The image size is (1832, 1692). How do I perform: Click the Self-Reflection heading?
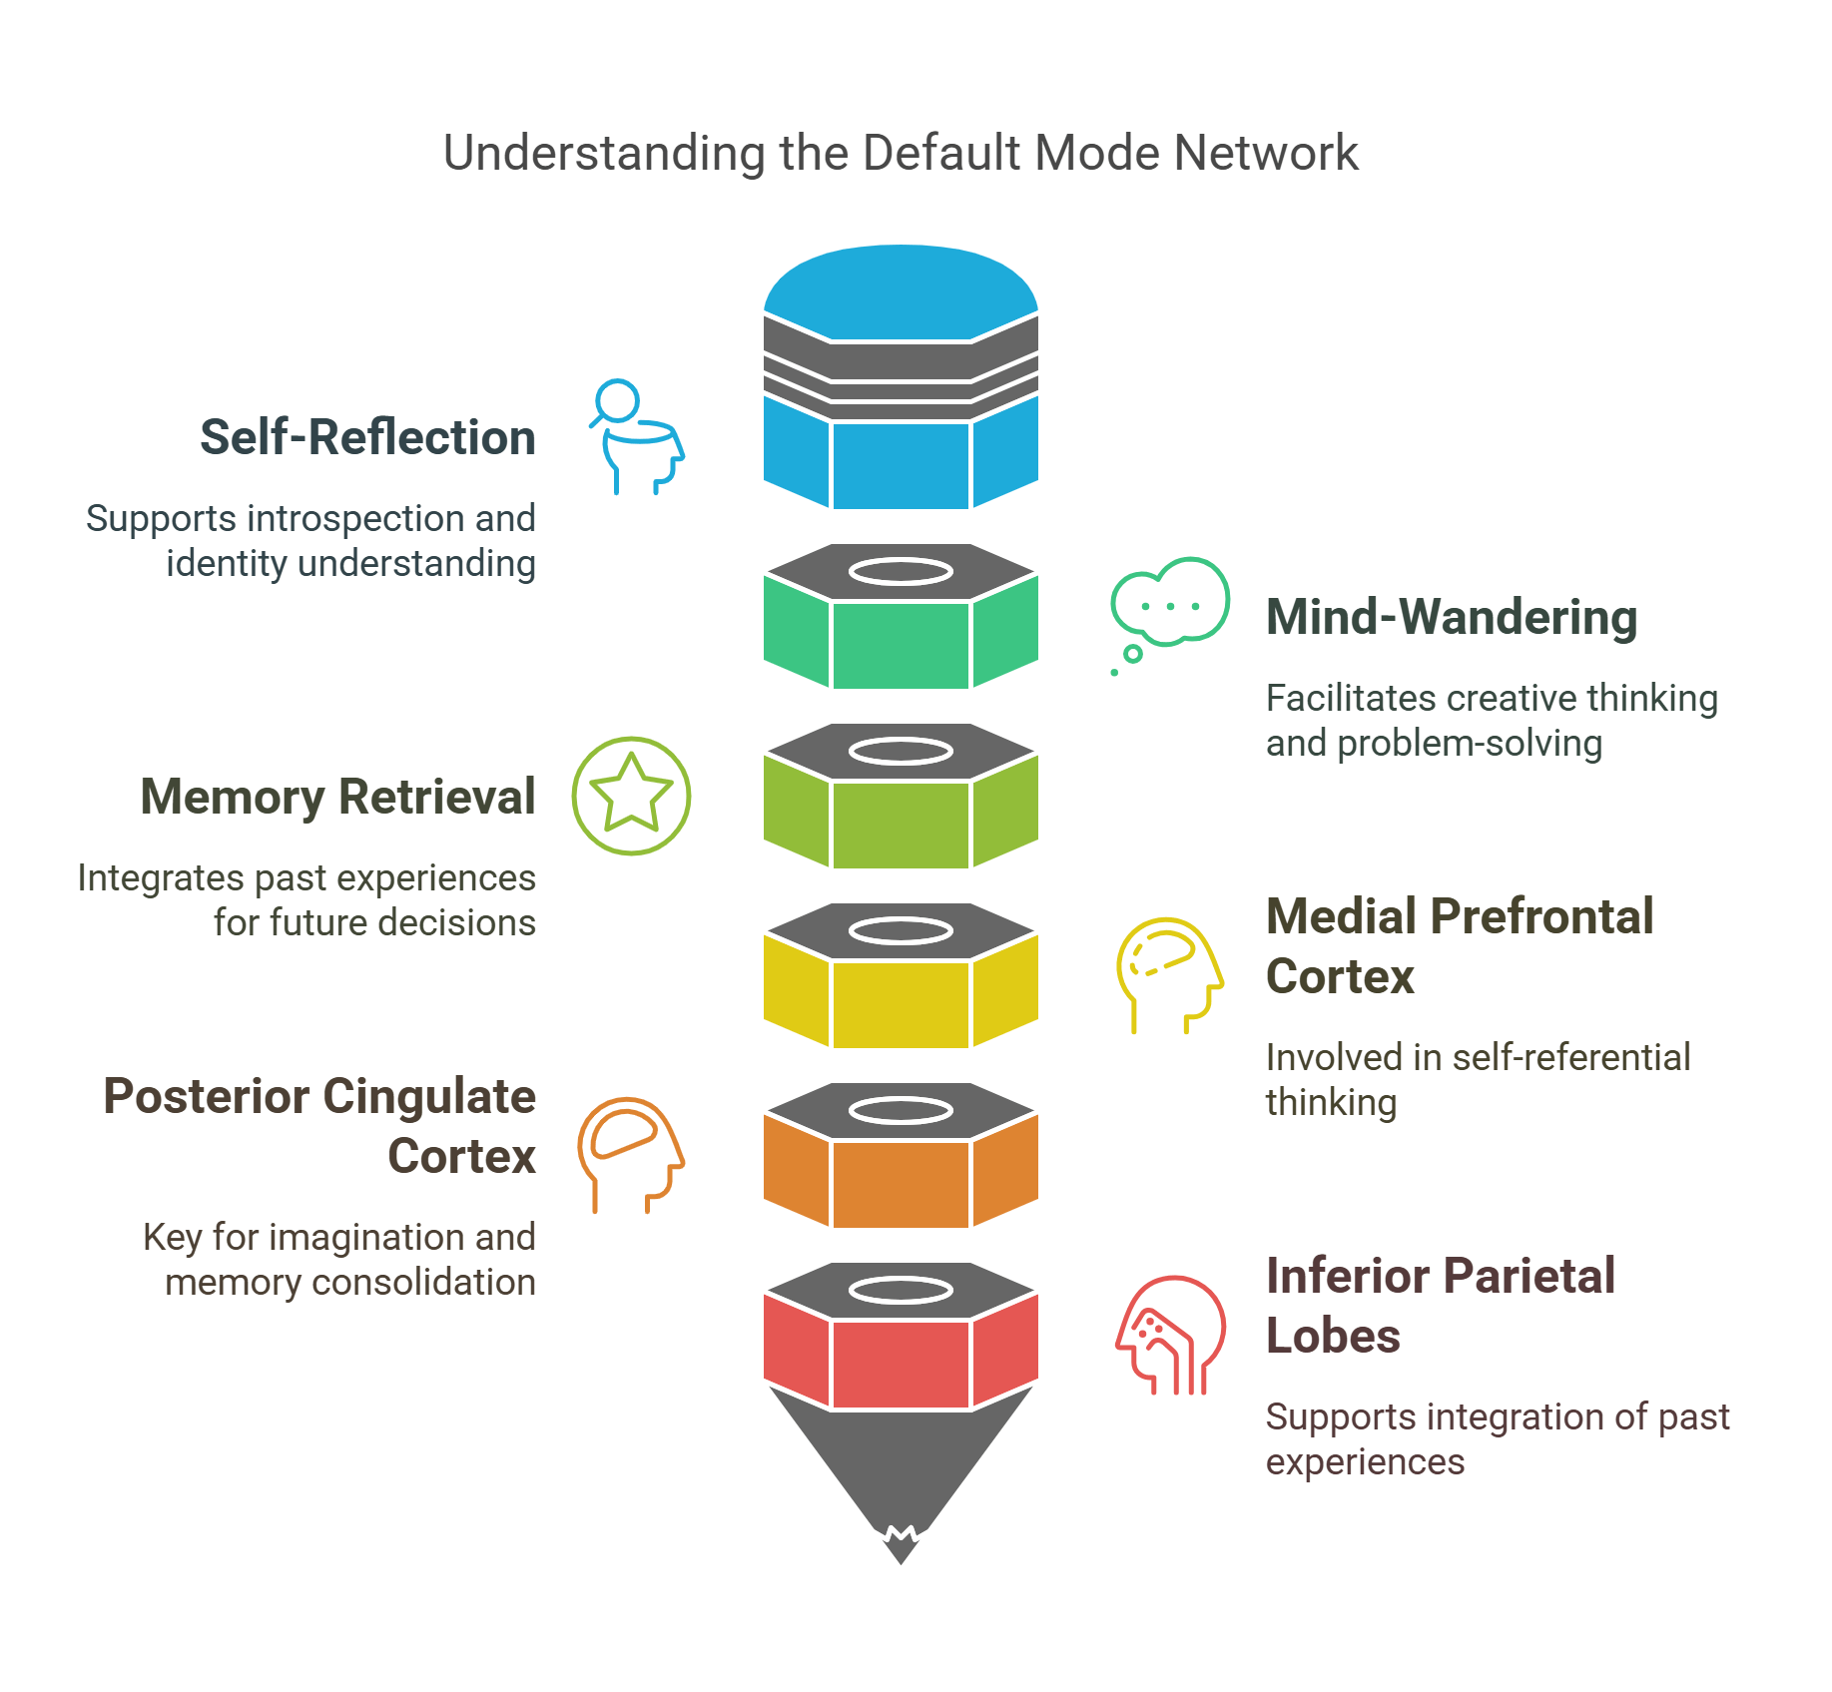tap(367, 438)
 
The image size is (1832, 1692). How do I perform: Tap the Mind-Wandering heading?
tap(1451, 618)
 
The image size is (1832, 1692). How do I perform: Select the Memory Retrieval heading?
tap(337, 798)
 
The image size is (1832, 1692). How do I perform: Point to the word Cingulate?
tap(429, 1097)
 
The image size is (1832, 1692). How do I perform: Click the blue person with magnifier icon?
tap(636, 437)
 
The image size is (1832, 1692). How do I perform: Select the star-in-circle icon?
tap(631, 796)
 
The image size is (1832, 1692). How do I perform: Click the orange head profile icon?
tap(630, 1153)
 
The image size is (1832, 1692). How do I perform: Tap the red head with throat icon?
tap(1169, 1335)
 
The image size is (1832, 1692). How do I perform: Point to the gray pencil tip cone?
tap(900, 1467)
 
